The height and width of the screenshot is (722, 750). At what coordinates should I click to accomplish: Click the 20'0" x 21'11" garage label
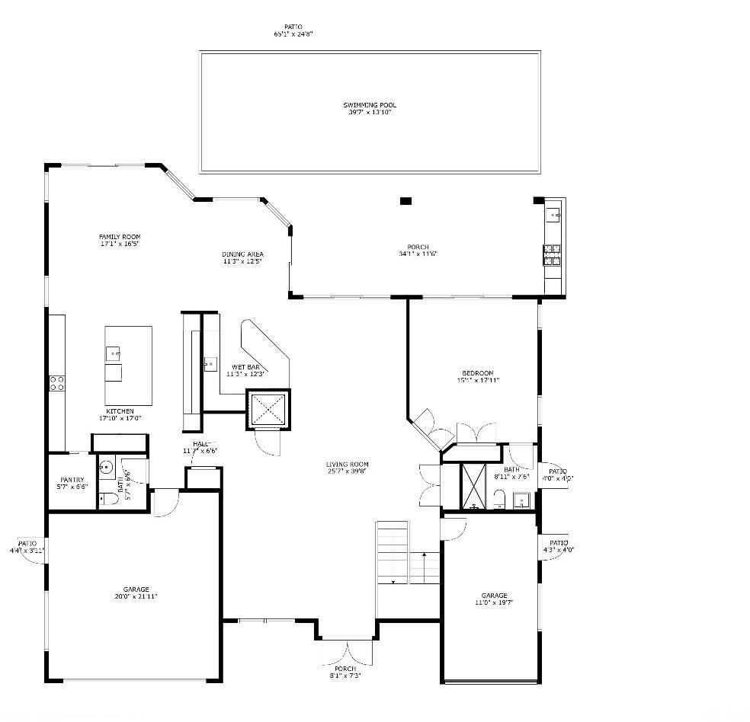tap(136, 593)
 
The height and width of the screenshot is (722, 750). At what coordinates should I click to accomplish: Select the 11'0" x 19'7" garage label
tap(493, 599)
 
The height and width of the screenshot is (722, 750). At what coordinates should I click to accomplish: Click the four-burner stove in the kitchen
tap(56, 383)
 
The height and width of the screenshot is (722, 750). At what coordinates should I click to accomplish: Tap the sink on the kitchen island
tap(113, 353)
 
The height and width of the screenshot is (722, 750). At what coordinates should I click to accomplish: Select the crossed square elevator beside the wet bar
tap(268, 411)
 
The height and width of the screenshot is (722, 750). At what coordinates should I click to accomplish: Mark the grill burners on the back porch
tap(552, 254)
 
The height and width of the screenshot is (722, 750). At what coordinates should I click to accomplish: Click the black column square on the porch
tap(405, 201)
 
